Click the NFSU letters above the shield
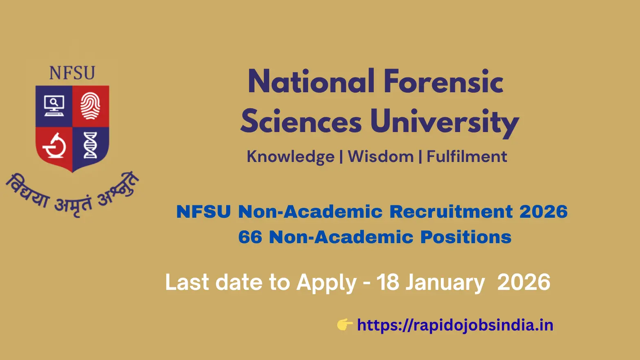pyautogui.click(x=72, y=73)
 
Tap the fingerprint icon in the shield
pyautogui.click(x=90, y=106)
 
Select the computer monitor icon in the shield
pyautogui.click(x=54, y=106)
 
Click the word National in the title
pyautogui.click(x=311, y=82)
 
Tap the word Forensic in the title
pyautogui.click(x=443, y=82)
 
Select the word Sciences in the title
pyautogui.click(x=301, y=122)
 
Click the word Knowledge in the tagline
pyautogui.click(x=290, y=157)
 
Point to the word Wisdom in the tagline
pyautogui.click(x=381, y=157)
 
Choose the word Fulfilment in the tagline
pyautogui.click(x=467, y=157)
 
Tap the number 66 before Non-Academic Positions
pyautogui.click(x=250, y=237)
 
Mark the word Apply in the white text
pyautogui.click(x=327, y=283)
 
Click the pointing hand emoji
pyautogui.click(x=345, y=325)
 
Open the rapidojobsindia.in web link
pyautogui.click(x=455, y=325)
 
